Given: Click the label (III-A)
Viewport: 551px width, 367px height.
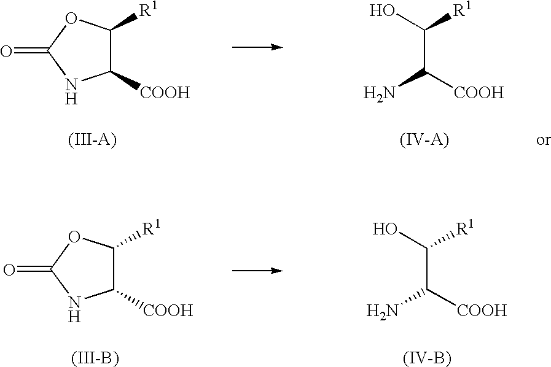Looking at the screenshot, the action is point(92,140).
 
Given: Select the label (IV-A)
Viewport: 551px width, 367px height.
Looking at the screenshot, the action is point(424,140).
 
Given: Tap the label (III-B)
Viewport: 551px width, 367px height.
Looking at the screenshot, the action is point(95,358).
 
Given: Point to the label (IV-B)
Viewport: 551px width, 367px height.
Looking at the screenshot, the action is point(428,358).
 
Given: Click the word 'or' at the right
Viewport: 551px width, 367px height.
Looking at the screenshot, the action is point(543,141).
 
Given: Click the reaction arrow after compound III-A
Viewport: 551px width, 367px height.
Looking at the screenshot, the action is point(257,47).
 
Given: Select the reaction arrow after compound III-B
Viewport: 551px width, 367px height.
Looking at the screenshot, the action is point(257,271).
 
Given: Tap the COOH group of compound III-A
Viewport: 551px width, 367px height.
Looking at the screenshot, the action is point(165,93).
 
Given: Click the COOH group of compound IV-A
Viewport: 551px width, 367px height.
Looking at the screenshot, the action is point(479,93).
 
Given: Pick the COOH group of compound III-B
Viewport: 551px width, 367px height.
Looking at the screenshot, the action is point(168,311).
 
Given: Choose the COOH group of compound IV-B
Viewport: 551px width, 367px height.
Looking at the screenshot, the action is point(482,311).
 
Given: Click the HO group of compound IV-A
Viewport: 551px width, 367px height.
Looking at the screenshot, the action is point(382,11).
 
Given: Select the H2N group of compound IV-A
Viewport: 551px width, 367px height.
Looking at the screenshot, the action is point(380,93).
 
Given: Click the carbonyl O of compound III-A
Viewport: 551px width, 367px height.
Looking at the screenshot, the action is point(6,52).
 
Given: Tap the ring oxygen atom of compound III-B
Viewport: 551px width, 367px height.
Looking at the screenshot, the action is point(74,238).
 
